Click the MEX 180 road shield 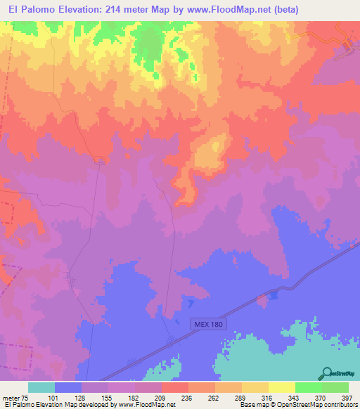coord(207,324)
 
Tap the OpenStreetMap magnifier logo coord(327,373)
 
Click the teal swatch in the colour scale coord(41,387)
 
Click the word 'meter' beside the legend coord(10,398)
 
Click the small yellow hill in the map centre coord(208,153)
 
